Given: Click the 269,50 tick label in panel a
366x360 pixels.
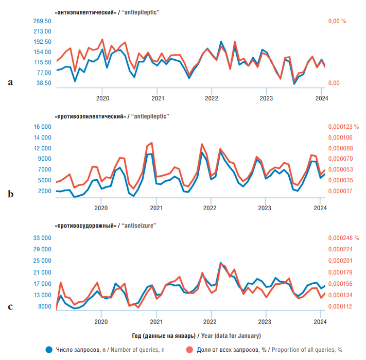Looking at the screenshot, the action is pyautogui.click(x=42, y=21).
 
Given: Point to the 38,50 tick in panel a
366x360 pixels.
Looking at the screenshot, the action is pyautogui.click(x=44, y=83).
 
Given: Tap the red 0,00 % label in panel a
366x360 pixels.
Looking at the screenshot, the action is pyautogui.click(x=337, y=21).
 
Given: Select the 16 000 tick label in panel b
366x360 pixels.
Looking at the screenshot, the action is pyautogui.click(x=43, y=127).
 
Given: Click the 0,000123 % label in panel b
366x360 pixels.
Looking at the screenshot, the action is pyautogui.click(x=343, y=127).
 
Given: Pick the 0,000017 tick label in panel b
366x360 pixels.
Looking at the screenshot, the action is pyautogui.click(x=340, y=191).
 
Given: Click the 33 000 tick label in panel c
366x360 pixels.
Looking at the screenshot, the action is pyautogui.click(x=42, y=238).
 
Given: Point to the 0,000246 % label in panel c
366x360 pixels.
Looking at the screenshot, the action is pyautogui.click(x=343, y=238).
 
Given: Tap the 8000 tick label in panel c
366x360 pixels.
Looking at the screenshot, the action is pyautogui.click(x=45, y=306).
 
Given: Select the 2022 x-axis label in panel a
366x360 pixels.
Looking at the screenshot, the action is pyautogui.click(x=211, y=98).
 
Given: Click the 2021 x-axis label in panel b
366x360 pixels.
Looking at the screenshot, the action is pyautogui.click(x=156, y=208).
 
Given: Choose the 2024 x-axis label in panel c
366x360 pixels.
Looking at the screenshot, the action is pyautogui.click(x=320, y=322).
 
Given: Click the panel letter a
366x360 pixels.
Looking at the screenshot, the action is pyautogui.click(x=10, y=82).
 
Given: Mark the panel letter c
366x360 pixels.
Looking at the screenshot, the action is pyautogui.click(x=10, y=306).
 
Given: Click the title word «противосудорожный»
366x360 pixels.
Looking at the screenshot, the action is pyautogui.click(x=85, y=226).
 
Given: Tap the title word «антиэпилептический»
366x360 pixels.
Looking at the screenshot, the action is pyautogui.click(x=85, y=12).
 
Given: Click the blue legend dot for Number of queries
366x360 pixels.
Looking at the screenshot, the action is pyautogui.click(x=49, y=350).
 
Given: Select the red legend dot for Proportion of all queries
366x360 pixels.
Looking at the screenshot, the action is pyautogui.click(x=189, y=350).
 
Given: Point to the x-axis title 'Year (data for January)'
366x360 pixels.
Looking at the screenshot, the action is pyautogui.click(x=231, y=336).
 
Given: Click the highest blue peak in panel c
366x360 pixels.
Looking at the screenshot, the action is pyautogui.click(x=221, y=263).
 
